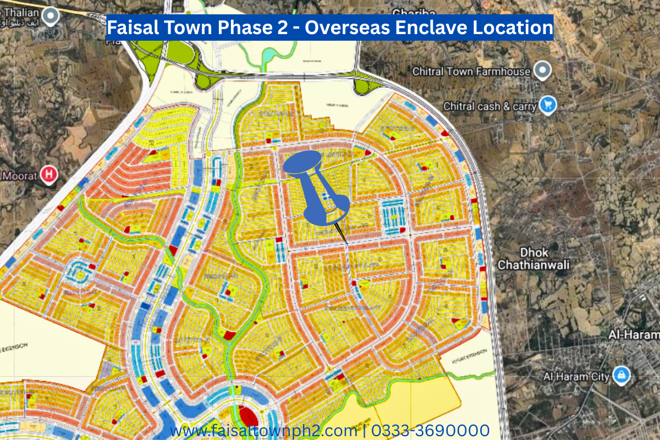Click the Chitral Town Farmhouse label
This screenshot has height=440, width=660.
tap(471, 71)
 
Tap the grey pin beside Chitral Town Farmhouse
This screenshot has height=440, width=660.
tap(543, 70)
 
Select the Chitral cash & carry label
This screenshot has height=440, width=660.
tap(490, 106)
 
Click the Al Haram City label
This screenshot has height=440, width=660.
tap(576, 377)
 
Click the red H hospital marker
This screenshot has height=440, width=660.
tap(50, 175)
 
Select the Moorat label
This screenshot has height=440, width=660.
tap(20, 176)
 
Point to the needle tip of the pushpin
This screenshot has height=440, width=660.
tap(347, 243)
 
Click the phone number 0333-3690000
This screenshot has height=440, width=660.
tap(430, 430)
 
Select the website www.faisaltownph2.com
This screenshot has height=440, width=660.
tap(263, 430)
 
